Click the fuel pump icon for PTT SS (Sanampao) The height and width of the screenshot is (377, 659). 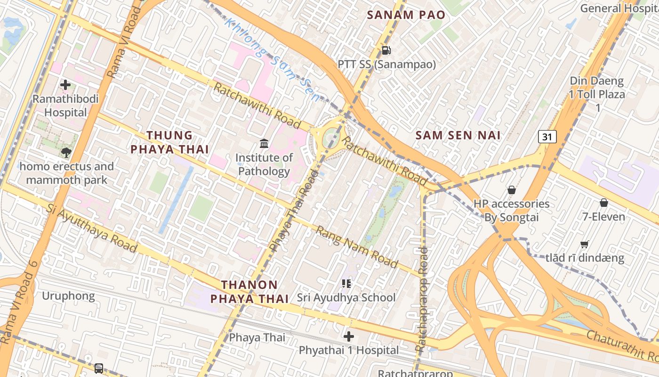click(386, 50)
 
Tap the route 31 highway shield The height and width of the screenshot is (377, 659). click(547, 137)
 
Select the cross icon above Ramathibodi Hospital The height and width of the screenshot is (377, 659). click(65, 85)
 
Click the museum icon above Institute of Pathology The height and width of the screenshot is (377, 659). click(264, 143)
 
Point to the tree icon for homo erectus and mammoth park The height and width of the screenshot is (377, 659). click(66, 152)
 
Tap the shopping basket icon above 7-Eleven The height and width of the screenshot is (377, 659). click(604, 203)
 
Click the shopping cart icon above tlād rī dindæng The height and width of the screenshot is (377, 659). click(584, 244)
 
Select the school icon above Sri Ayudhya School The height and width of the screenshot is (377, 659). click(346, 283)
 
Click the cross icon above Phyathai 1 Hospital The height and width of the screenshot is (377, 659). click(349, 336)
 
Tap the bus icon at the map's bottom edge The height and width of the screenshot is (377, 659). click(99, 368)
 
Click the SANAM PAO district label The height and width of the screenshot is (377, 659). click(406, 15)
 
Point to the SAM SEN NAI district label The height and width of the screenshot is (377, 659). click(458, 136)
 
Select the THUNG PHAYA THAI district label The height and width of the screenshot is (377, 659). click(169, 142)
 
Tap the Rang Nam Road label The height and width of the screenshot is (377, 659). click(357, 247)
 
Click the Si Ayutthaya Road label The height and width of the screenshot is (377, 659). click(91, 228)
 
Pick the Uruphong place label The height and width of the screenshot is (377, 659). click(68, 296)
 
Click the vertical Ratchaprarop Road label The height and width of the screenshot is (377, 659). click(422, 299)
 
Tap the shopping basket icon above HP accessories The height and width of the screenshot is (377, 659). click(512, 190)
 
